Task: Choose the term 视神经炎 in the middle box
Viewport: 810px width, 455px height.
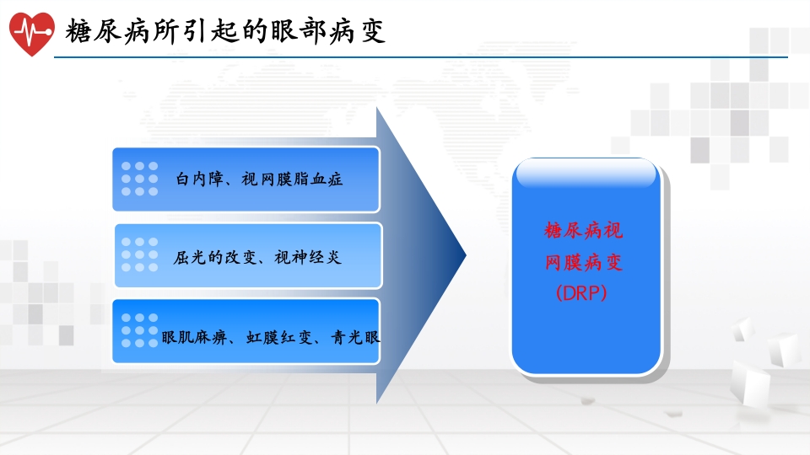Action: [x=308, y=257]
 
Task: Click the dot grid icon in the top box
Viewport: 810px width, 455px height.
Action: [x=139, y=179]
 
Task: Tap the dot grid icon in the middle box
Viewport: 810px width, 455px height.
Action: [x=139, y=254]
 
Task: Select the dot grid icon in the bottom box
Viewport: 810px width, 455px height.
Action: [x=139, y=330]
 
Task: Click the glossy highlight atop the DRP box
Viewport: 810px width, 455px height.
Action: [x=586, y=174]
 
